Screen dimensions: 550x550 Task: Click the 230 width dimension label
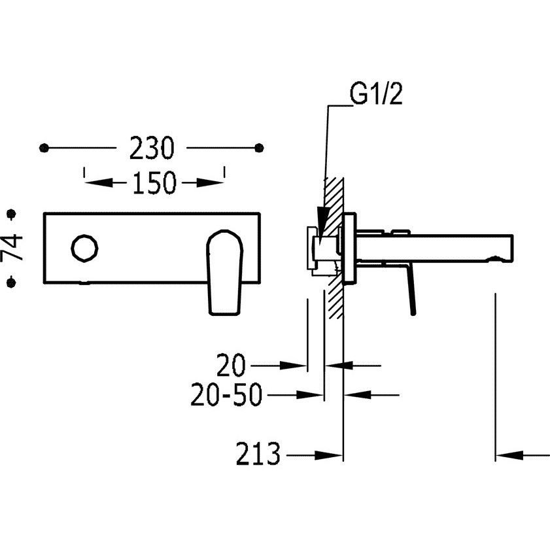point(151,148)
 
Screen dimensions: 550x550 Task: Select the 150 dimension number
point(154,182)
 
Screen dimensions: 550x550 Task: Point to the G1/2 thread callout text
point(376,94)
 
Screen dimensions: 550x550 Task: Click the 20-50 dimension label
point(226,394)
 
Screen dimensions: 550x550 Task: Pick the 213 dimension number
point(258,454)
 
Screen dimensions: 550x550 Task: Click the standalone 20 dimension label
point(231,365)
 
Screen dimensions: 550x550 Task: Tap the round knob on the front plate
point(84,248)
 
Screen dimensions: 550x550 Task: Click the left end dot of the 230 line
point(44,148)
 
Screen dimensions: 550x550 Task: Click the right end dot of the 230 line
point(259,148)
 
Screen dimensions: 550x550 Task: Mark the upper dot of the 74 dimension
point(12,214)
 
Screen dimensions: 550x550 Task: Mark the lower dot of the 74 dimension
point(12,282)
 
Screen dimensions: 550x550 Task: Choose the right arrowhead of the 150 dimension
point(210,182)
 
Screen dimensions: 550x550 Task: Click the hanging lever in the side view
point(411,291)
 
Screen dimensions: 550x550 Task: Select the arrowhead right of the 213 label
point(329,456)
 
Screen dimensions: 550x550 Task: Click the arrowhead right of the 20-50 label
point(310,395)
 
